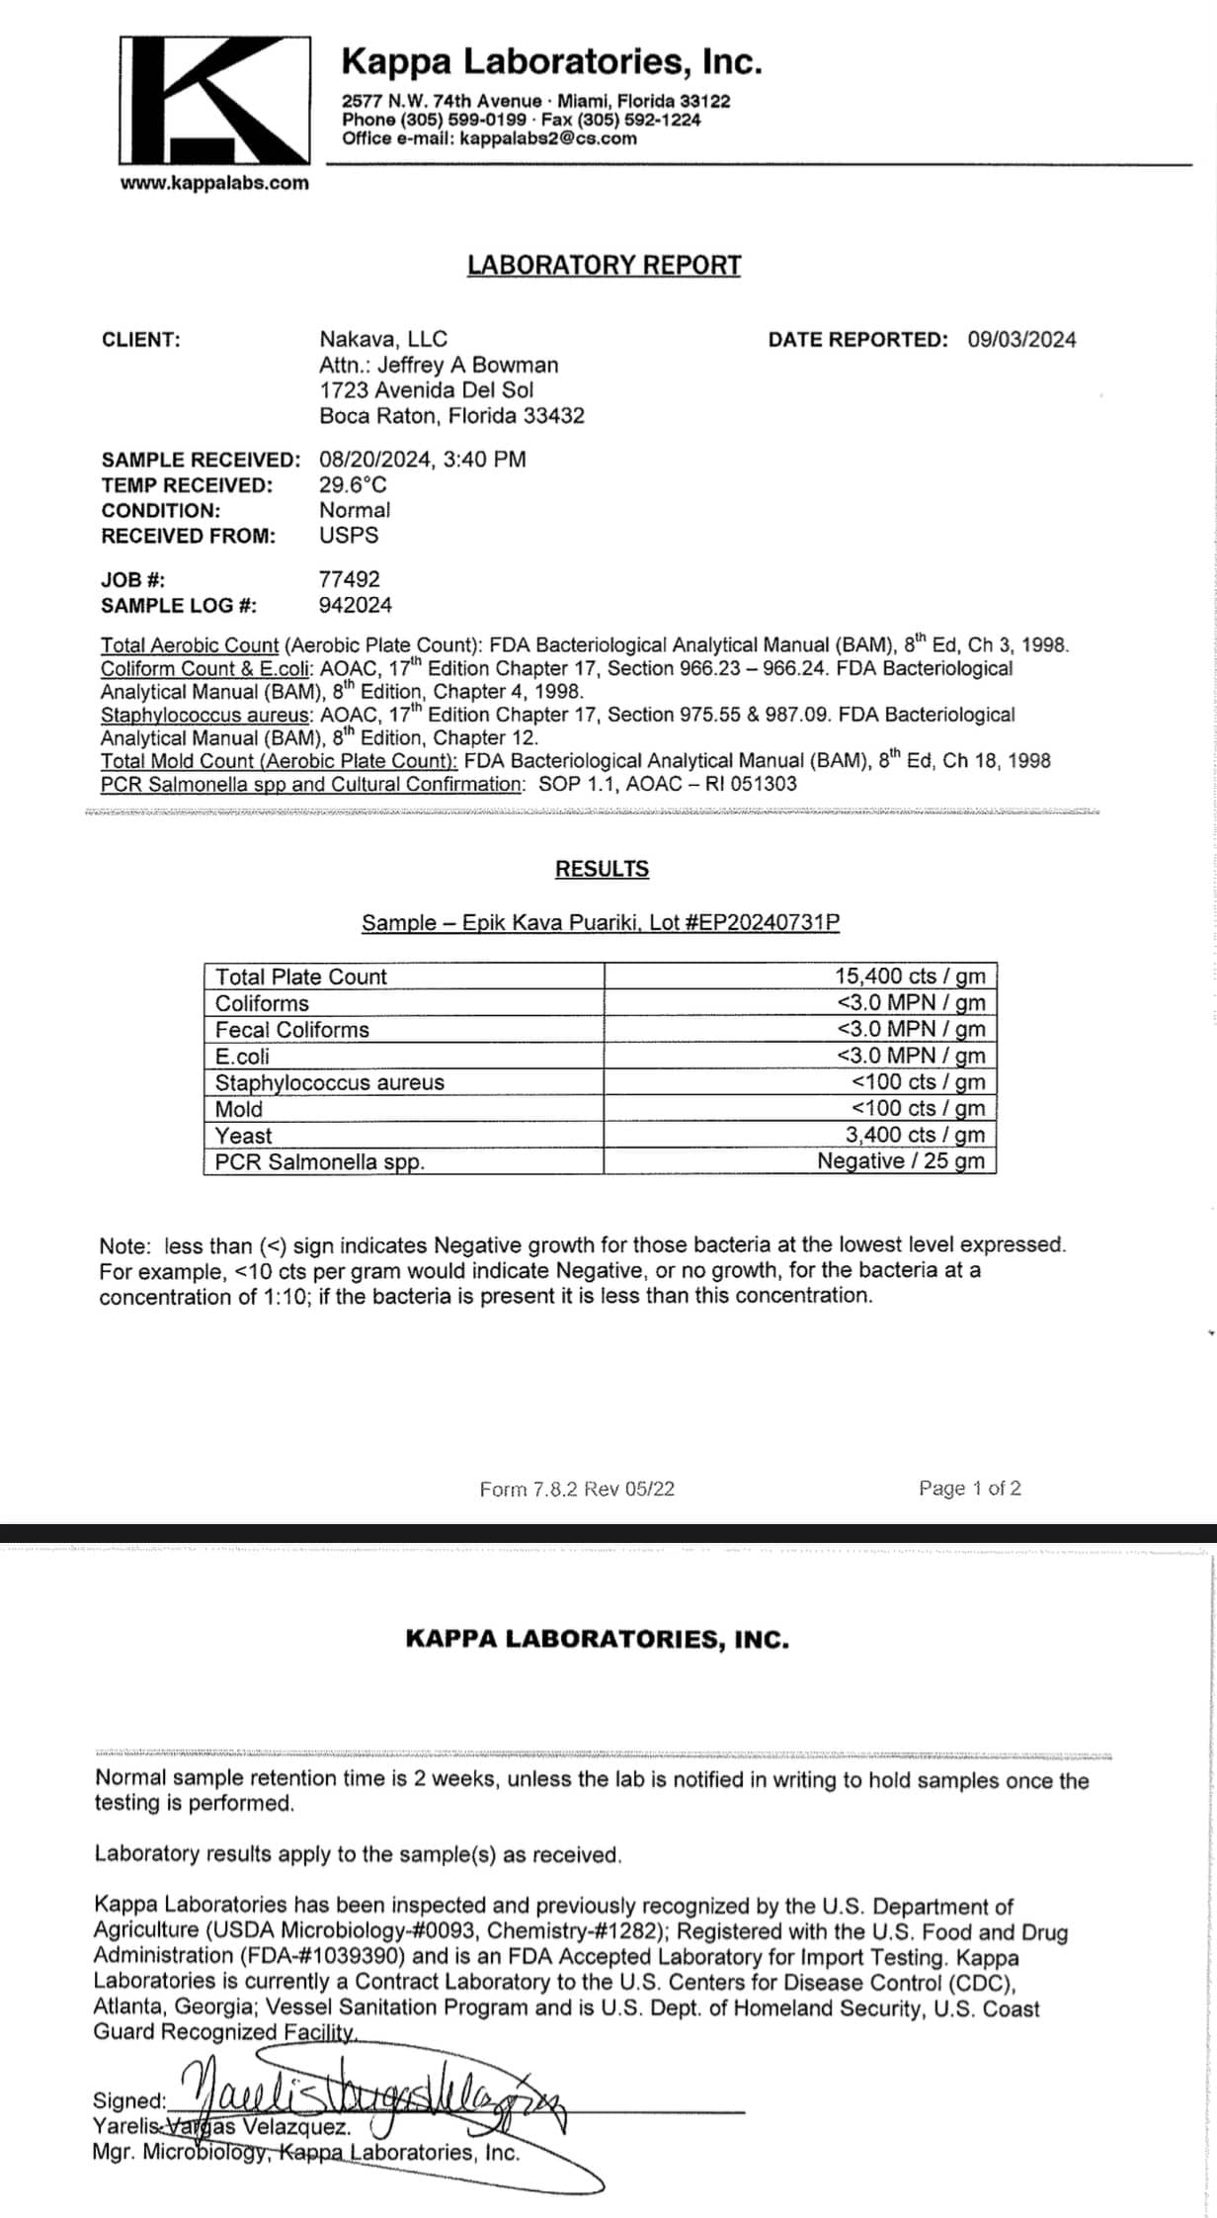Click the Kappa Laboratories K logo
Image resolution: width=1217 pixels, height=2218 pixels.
point(214,100)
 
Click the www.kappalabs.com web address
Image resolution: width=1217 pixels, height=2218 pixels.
point(214,183)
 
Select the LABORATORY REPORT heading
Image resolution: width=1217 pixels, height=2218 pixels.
point(604,265)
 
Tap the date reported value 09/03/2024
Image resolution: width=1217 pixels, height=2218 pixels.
point(1021,340)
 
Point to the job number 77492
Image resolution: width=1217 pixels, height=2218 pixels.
point(349,579)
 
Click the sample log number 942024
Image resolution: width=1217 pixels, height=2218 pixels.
point(355,605)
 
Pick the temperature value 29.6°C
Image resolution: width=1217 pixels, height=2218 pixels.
point(353,485)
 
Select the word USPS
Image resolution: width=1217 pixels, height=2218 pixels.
point(348,536)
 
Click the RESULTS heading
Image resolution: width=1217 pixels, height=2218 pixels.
point(602,869)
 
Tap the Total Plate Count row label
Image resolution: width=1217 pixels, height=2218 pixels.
point(300,977)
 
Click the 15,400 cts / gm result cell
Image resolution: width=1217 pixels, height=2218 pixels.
point(909,976)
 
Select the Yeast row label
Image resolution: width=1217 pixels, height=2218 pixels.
point(243,1136)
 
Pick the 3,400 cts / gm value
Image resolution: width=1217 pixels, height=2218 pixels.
point(915,1135)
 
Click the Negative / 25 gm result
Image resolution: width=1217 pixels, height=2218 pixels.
point(900,1161)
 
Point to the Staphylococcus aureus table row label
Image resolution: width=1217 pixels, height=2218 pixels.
point(329,1082)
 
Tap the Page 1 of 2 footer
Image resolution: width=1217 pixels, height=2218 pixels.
point(969,1489)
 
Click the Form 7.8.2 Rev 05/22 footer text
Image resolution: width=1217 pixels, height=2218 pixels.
point(577,1490)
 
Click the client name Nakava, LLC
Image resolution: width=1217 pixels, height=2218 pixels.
point(382,340)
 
